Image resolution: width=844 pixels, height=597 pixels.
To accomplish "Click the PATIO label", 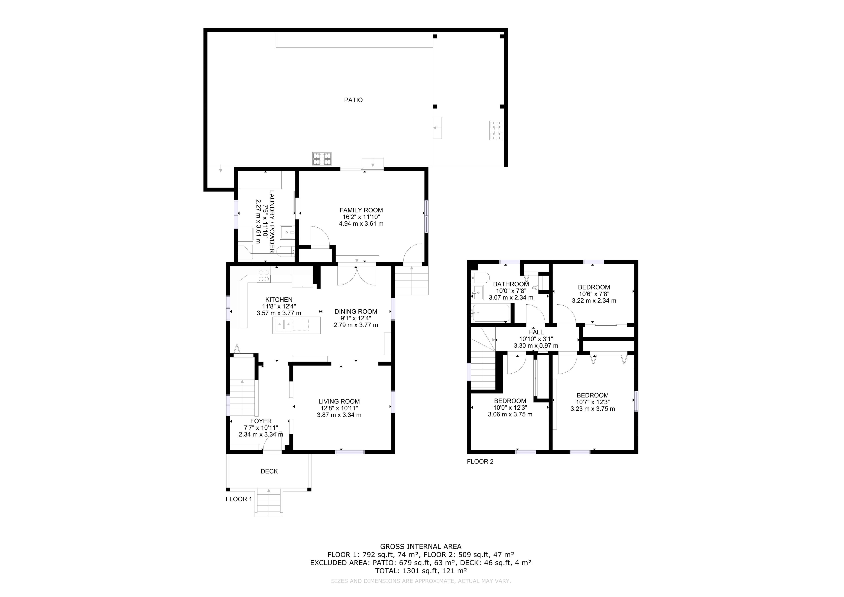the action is (x=353, y=100).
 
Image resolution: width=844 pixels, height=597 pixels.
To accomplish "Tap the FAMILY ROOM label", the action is (x=361, y=210).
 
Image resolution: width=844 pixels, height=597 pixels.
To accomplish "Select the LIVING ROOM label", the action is (x=339, y=402).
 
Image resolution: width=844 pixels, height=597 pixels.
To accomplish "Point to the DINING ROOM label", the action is (x=355, y=312).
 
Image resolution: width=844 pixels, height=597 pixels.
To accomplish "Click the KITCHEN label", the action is (x=279, y=300).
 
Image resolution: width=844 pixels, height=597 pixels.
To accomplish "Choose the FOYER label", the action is (x=261, y=421).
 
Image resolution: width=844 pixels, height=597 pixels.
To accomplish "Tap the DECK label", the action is (x=269, y=471).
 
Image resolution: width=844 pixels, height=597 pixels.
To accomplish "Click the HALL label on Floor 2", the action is (x=536, y=332).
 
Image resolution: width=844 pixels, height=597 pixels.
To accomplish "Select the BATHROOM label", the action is (x=511, y=284).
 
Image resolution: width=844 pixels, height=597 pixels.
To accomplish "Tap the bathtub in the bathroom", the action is (x=491, y=313).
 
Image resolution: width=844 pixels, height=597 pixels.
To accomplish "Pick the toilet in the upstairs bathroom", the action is (x=480, y=277).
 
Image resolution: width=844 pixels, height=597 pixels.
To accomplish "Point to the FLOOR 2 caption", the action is (x=480, y=462).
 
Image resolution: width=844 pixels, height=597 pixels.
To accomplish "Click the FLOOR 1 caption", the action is (x=239, y=499).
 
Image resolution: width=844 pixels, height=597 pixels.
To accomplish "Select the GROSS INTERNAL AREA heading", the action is (x=420, y=547).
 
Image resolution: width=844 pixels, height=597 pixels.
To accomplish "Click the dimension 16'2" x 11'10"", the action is (x=361, y=217).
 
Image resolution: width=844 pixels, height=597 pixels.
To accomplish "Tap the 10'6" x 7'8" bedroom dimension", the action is (x=594, y=294).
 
